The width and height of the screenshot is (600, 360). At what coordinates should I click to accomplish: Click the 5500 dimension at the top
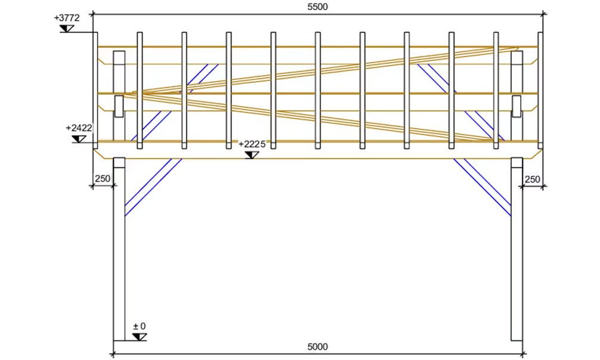tap(318, 7)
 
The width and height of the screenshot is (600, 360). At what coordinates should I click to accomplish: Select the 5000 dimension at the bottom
tap(318, 347)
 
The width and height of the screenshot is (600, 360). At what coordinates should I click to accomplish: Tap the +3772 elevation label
tap(67, 18)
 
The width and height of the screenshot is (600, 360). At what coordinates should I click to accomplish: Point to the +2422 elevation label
tap(79, 128)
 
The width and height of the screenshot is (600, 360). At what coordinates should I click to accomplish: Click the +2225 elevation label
tap(252, 144)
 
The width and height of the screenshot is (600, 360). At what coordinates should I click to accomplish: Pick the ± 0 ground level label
tap(140, 327)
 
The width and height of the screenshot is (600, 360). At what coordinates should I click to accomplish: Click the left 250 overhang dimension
tap(103, 179)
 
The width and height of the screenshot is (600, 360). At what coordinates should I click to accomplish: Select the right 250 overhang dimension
tap(532, 179)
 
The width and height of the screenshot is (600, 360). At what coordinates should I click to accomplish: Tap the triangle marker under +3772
tap(67, 29)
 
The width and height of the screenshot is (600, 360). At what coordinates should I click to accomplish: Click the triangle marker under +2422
tap(79, 139)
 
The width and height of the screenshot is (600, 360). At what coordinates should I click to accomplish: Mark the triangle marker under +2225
tap(252, 155)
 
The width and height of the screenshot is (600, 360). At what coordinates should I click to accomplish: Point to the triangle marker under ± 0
tap(140, 337)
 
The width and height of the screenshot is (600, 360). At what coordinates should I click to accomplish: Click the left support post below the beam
tap(119, 249)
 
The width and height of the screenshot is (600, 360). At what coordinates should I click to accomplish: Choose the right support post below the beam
tap(517, 249)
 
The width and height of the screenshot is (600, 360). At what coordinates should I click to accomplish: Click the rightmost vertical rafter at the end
tap(540, 90)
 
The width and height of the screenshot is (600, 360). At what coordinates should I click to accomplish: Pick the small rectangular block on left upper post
tap(119, 106)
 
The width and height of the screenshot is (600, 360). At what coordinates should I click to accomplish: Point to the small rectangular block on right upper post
tap(517, 106)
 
